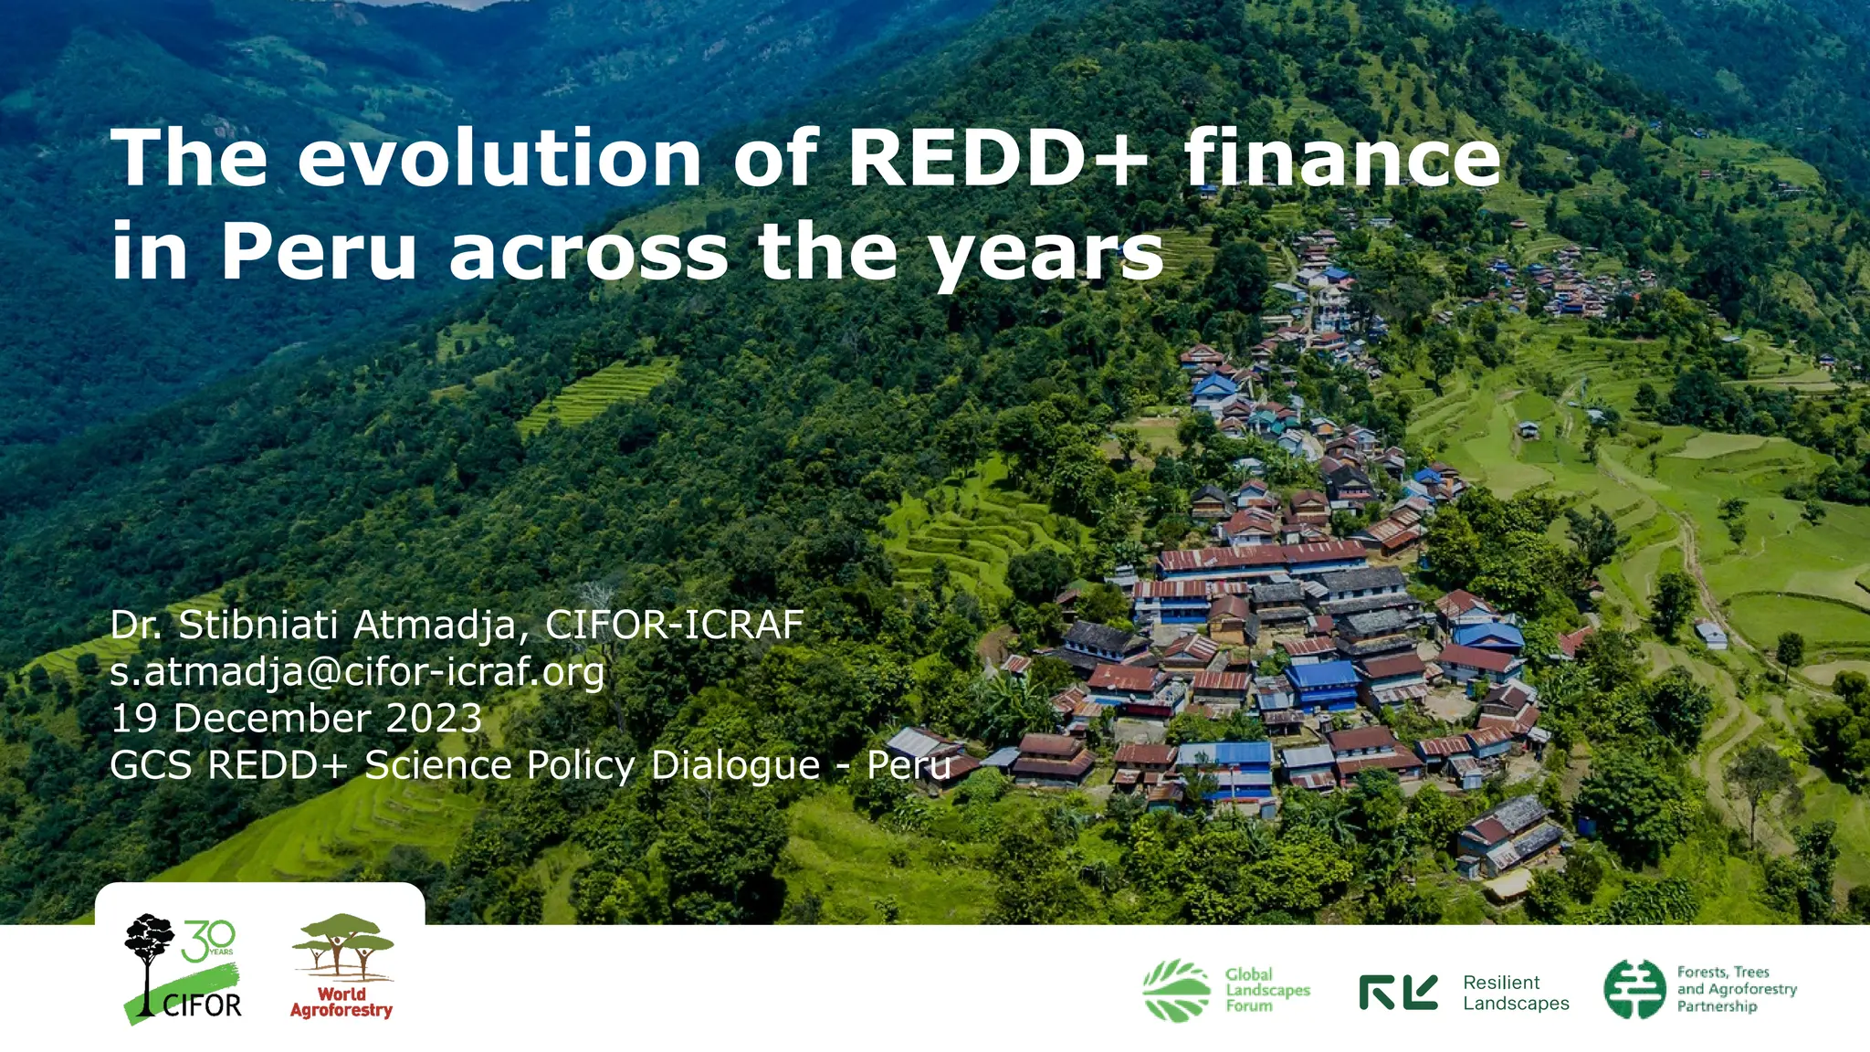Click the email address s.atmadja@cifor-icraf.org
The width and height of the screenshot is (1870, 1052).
click(x=357, y=672)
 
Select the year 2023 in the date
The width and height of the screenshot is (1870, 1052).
click(x=434, y=719)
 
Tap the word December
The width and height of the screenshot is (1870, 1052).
click(x=271, y=719)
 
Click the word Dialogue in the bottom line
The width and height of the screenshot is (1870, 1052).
click(x=735, y=765)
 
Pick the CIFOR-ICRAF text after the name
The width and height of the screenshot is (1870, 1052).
click(x=674, y=626)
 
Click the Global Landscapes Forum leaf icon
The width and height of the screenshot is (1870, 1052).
click(x=1176, y=990)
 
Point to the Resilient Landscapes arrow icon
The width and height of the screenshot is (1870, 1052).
click(x=1398, y=992)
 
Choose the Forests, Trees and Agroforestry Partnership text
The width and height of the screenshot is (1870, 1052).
click(x=1736, y=989)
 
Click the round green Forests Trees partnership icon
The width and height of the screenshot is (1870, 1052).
click(x=1634, y=989)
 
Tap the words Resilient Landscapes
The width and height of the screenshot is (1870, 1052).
click(x=1515, y=993)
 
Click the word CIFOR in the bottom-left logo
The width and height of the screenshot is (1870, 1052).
click(x=202, y=1005)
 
